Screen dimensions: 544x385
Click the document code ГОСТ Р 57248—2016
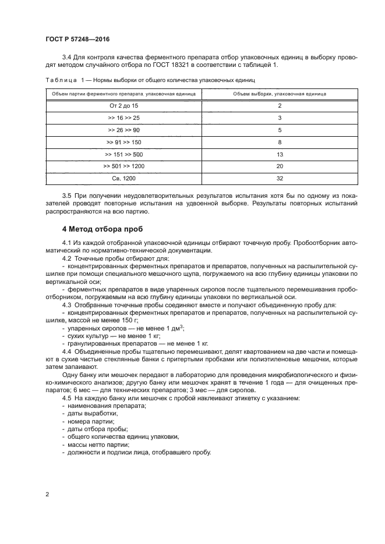click(x=77, y=40)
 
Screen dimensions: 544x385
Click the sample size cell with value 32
click(x=280, y=179)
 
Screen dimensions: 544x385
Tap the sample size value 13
click(x=280, y=154)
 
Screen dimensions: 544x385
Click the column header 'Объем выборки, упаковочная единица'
click(x=280, y=93)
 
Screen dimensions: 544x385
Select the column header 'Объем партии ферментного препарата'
click(x=123, y=93)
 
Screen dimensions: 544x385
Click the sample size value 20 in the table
click(x=280, y=167)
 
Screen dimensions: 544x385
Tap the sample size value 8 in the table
click(x=280, y=142)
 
